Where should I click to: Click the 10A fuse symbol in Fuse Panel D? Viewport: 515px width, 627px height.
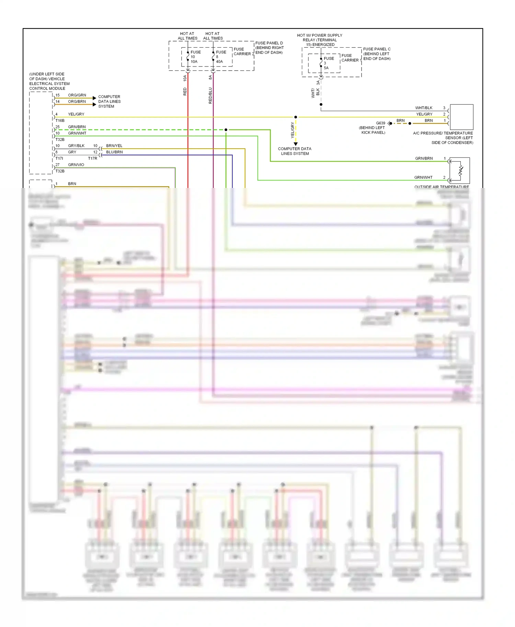[x=188, y=56]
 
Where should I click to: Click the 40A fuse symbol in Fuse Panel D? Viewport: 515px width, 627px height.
[x=213, y=56]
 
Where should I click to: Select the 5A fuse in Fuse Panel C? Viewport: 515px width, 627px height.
[x=321, y=63]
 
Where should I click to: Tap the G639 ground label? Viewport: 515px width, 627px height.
[x=380, y=123]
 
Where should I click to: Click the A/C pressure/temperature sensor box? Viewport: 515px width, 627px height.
[x=461, y=117]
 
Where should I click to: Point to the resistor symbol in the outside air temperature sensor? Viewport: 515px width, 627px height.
[x=461, y=170]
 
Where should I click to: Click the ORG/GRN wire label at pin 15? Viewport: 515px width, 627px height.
[x=77, y=95]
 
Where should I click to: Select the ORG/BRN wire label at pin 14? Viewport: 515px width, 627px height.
[x=77, y=102]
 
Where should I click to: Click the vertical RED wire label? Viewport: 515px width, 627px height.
[x=185, y=92]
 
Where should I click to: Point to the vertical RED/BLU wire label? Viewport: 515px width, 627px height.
[x=210, y=96]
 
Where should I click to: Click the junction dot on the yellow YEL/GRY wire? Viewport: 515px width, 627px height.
[x=296, y=117]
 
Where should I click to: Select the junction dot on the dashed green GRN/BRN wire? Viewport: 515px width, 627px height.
[x=226, y=130]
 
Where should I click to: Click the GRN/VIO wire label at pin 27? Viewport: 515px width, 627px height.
[x=76, y=165]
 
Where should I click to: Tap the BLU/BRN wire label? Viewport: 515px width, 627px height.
[x=114, y=152]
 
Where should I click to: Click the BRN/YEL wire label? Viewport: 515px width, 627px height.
[x=114, y=146]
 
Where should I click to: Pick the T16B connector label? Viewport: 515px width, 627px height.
[x=60, y=121]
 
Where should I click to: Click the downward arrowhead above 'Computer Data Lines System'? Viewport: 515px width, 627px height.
[x=296, y=144]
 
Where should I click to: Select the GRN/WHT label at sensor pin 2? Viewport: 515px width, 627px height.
[x=423, y=177]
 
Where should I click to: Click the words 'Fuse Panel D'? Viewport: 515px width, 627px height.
[x=269, y=43]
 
